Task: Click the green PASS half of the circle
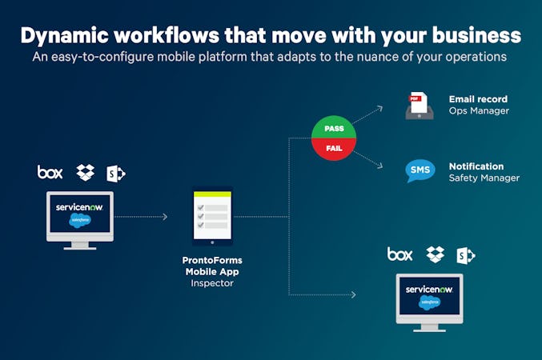[335, 128]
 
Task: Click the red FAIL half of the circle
[335, 149]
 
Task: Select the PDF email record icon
[420, 106]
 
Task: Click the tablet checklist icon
[212, 215]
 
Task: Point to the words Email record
[478, 99]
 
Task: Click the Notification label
[476, 166]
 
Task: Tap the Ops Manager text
[479, 111]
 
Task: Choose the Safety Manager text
[484, 178]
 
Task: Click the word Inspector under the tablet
[212, 282]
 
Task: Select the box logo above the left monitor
[50, 172]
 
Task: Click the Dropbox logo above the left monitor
[85, 172]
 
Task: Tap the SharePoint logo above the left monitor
[116, 173]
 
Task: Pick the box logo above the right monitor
[399, 254]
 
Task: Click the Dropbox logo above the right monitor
[436, 254]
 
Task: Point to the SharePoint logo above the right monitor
[465, 255]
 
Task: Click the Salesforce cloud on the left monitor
[80, 220]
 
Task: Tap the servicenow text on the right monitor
[429, 289]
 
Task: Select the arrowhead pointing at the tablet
[164, 217]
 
